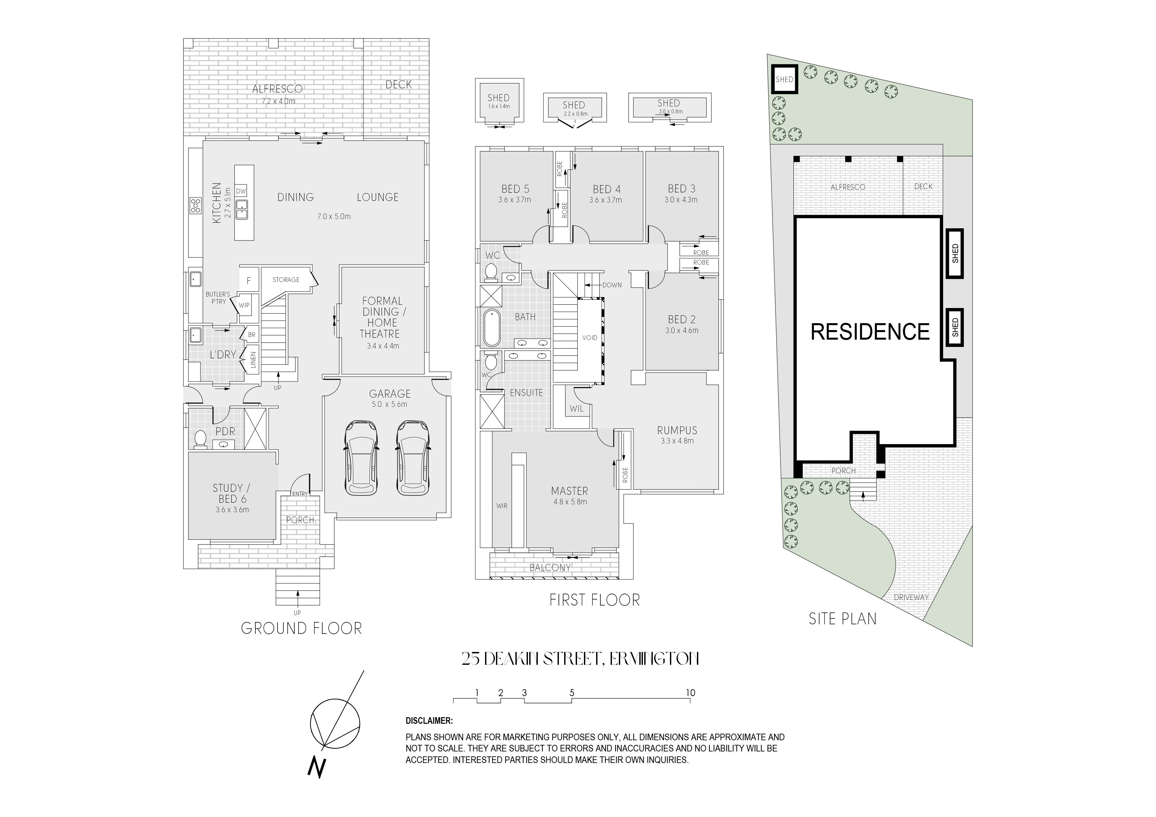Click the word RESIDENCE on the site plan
click(x=870, y=332)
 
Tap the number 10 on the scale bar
click(x=690, y=693)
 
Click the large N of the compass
click(x=317, y=768)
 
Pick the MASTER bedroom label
click(x=569, y=491)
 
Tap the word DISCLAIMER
click(x=429, y=721)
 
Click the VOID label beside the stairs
click(x=590, y=338)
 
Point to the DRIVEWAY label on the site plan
click(x=911, y=598)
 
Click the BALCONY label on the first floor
click(x=550, y=567)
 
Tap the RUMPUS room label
click(x=677, y=430)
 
